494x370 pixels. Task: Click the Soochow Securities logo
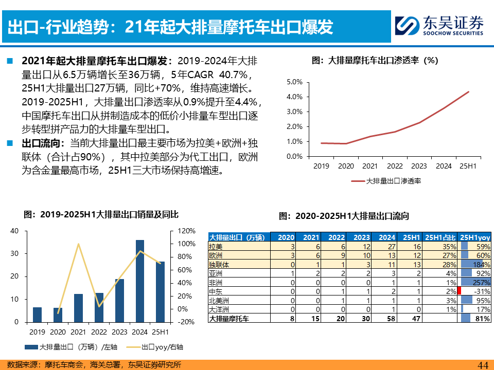439,25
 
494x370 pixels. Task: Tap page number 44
483,364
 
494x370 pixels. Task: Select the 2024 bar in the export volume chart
140,281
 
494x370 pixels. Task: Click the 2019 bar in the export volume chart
37,314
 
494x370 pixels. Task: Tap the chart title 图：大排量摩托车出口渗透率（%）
375,60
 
